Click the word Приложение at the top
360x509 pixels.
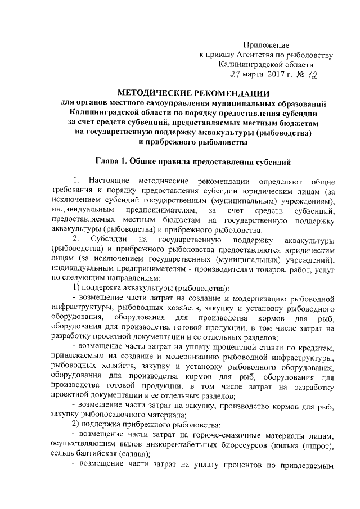(x=266, y=44)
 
